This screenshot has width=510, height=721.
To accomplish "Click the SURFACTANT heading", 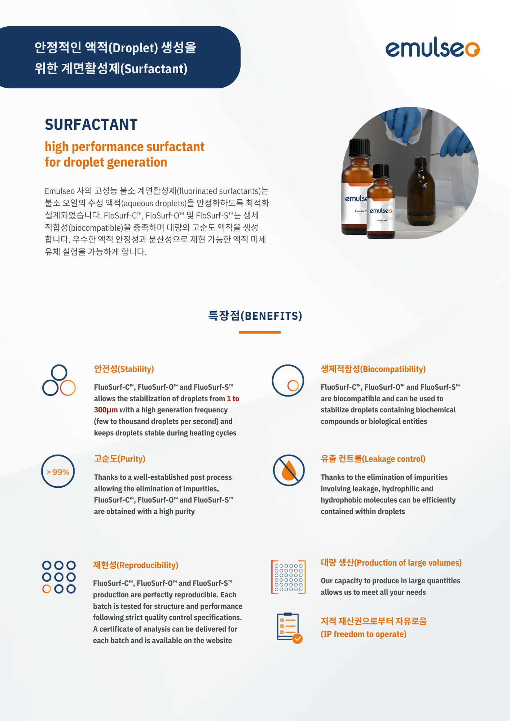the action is [x=91, y=125].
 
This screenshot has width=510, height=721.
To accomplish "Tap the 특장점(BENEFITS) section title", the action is [x=255, y=316].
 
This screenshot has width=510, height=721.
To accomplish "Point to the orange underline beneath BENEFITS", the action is [x=260, y=332].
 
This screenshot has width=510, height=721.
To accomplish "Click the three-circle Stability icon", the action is [x=59, y=381].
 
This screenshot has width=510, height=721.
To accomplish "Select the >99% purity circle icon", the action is [x=58, y=471].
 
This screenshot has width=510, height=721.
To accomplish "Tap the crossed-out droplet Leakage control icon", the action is [x=289, y=470].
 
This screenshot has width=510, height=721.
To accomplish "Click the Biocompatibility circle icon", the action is [x=288, y=381].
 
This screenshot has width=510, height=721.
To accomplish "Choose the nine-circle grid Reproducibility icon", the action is [x=59, y=577].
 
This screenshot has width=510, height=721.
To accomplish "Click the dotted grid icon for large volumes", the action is [x=289, y=577].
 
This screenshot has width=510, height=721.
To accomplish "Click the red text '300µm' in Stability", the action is [x=106, y=410].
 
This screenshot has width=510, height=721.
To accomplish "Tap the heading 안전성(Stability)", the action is [x=124, y=369].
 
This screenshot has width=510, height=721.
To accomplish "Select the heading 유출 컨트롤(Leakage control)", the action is [x=373, y=459].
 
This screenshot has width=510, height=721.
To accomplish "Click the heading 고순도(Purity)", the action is [x=119, y=459].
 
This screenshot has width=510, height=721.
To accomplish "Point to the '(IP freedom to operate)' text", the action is [x=364, y=634].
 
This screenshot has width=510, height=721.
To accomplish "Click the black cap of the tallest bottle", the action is [x=360, y=147].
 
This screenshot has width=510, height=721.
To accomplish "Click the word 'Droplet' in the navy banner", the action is [x=133, y=48].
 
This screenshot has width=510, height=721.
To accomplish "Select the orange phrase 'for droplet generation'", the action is [x=106, y=162].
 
